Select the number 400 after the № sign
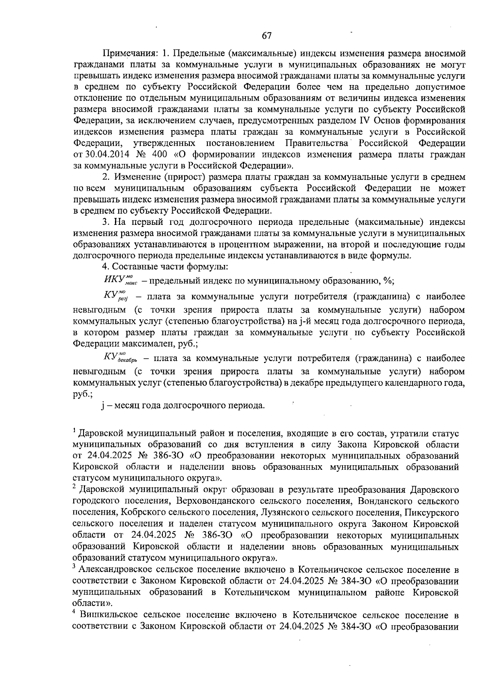pos(159,155)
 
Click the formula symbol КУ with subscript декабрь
pos(120,358)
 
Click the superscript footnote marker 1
pos(75,431)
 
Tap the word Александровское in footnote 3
pos(110,570)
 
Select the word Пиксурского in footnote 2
pos(432,513)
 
